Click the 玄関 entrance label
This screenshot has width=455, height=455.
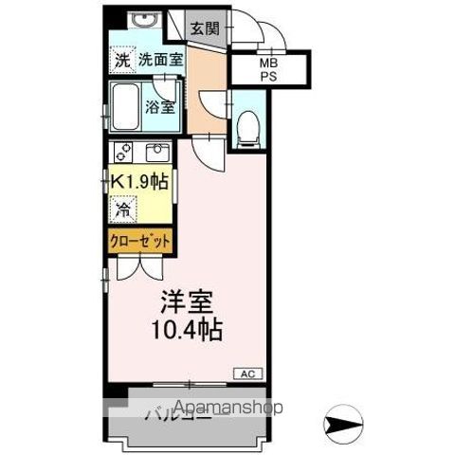(x=204, y=29)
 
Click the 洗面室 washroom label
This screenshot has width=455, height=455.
(x=161, y=60)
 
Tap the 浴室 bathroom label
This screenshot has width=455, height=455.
(x=160, y=107)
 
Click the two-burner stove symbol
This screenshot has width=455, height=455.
(x=122, y=152)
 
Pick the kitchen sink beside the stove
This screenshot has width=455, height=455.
(x=155, y=153)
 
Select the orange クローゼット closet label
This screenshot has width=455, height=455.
(x=138, y=242)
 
